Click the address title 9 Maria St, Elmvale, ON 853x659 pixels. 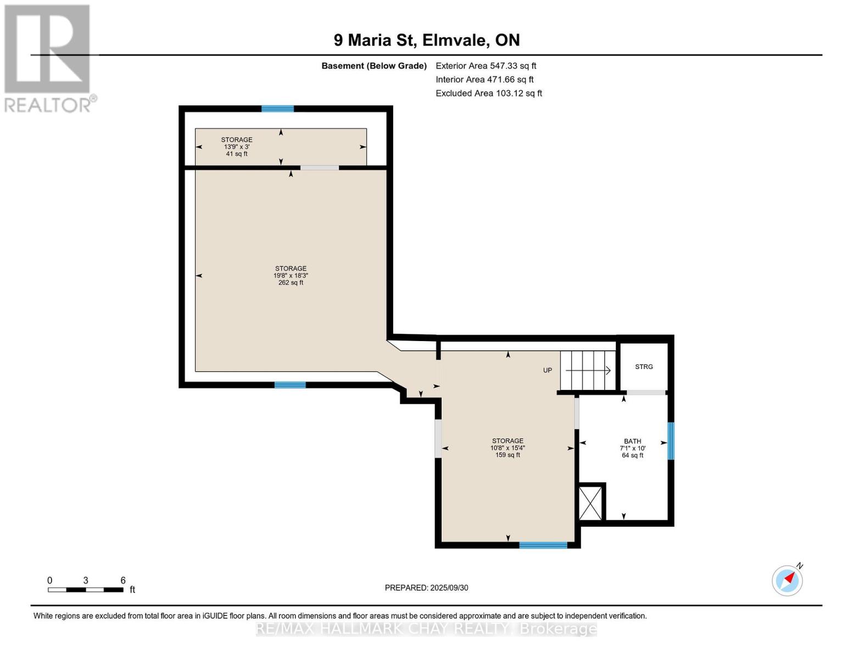[427, 40]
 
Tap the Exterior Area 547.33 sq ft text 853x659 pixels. [486, 66]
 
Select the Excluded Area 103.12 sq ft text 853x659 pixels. [488, 93]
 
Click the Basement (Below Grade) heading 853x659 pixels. [373, 66]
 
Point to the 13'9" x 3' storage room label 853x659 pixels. [237, 147]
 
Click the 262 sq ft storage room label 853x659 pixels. [291, 276]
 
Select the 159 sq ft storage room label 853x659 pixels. [508, 448]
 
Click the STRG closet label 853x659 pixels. [644, 367]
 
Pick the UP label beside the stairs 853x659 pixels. [547, 370]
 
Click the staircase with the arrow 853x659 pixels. [587, 370]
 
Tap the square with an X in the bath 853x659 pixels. [591, 502]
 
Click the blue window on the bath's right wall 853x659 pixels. [671, 441]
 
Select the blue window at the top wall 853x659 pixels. [277, 109]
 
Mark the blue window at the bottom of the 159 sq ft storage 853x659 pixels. [543, 545]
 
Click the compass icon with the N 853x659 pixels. [787, 580]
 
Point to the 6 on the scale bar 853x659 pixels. [123, 580]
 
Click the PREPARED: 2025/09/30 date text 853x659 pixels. [426, 588]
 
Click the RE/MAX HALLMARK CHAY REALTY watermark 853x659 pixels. [426, 629]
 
